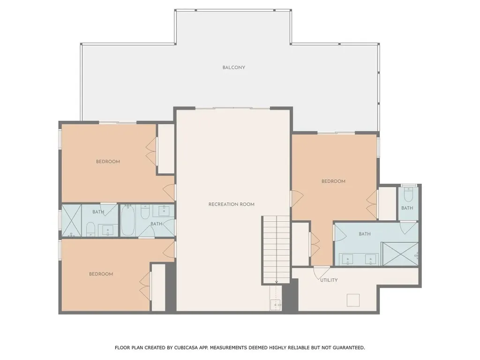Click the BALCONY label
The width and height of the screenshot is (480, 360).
point(233,67)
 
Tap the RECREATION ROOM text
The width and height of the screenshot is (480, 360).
point(231,204)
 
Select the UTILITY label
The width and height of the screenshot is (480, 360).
point(329,280)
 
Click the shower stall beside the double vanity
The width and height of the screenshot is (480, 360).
point(400,254)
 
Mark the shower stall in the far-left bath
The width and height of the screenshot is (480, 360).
point(72,220)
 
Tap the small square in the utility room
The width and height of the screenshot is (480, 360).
point(352,300)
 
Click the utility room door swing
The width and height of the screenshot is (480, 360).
point(321,271)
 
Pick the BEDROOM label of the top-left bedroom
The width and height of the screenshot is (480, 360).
point(108,162)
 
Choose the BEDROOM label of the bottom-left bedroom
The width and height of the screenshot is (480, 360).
point(101,274)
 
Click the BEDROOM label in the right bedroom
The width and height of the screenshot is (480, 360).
point(333,181)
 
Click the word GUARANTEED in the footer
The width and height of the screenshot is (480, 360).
point(346,348)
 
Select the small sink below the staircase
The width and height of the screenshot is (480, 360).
point(276,305)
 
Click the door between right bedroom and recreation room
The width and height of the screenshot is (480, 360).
point(294,198)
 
